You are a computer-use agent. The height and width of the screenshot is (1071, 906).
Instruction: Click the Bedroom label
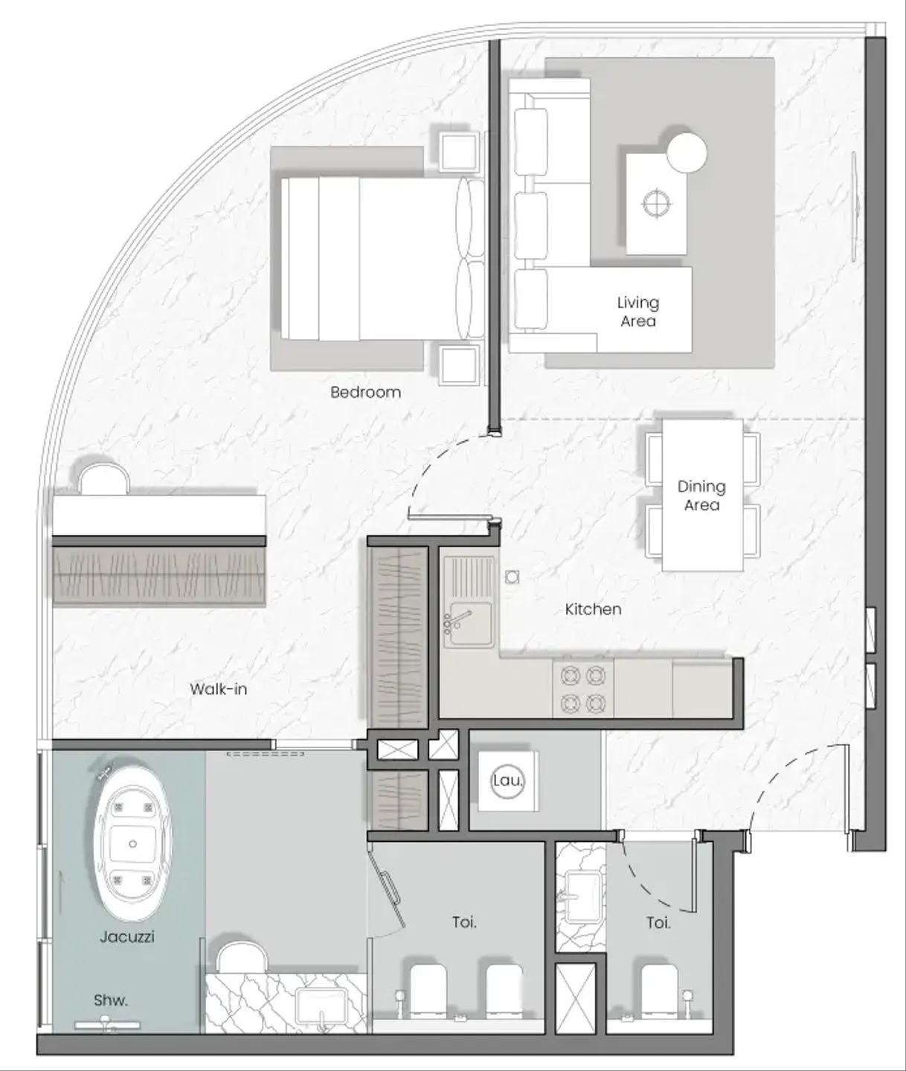(x=365, y=392)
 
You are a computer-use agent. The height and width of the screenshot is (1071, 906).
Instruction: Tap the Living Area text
(x=638, y=312)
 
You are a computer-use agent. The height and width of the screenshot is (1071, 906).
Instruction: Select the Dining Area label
(x=701, y=495)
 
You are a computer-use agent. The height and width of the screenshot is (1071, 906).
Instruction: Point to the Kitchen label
(x=593, y=609)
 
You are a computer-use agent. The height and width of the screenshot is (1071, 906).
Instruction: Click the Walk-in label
(x=218, y=689)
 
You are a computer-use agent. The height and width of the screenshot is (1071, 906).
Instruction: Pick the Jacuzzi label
(x=127, y=937)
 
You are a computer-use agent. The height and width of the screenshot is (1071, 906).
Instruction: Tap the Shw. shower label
(x=110, y=1000)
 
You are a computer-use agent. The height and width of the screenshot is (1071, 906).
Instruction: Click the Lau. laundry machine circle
(x=507, y=781)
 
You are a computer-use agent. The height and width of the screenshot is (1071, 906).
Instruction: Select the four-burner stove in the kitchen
(x=582, y=689)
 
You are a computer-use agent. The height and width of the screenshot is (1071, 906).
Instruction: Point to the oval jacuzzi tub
(x=132, y=844)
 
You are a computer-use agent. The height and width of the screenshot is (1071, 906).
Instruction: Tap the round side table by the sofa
(x=687, y=153)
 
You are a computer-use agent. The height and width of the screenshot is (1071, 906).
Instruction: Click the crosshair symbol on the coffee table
(x=658, y=204)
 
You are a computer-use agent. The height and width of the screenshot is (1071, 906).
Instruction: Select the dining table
(x=702, y=495)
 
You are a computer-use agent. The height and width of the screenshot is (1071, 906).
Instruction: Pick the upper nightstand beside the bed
(x=459, y=152)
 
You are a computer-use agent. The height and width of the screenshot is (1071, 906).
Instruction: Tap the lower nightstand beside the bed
(x=459, y=364)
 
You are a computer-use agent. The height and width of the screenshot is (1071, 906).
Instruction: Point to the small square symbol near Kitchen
(x=512, y=576)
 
